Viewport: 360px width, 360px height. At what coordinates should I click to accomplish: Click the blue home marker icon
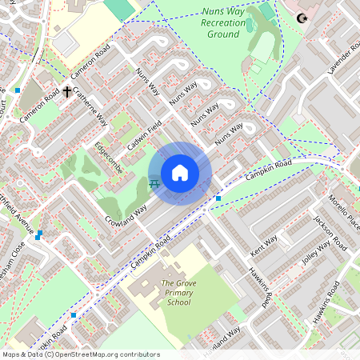pyautogui.click(x=180, y=173)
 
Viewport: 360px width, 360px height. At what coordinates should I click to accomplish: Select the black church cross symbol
pyautogui.click(x=66, y=92)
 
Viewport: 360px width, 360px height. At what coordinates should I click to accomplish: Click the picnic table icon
pyautogui.click(x=154, y=185)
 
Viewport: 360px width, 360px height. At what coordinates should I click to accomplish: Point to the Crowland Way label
pyautogui.click(x=124, y=212)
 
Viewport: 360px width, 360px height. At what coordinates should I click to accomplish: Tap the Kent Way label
pyautogui.click(x=264, y=241)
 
